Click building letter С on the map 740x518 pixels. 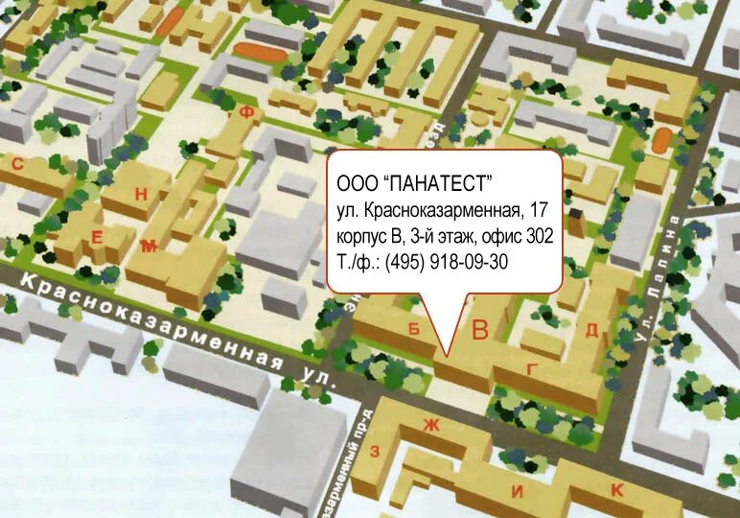pos(17,164)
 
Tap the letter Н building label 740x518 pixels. pos(141,195)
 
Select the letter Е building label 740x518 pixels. pos(96,236)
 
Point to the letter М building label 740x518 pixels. pos(148,247)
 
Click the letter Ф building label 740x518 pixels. pos(246,112)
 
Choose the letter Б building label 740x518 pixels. pos(415,327)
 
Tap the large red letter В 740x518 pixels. pos(480,331)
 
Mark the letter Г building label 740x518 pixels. pos(531,368)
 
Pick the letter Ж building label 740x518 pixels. pos(430,425)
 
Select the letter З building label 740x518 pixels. pos(376,450)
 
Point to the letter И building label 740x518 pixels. pos(517,492)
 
